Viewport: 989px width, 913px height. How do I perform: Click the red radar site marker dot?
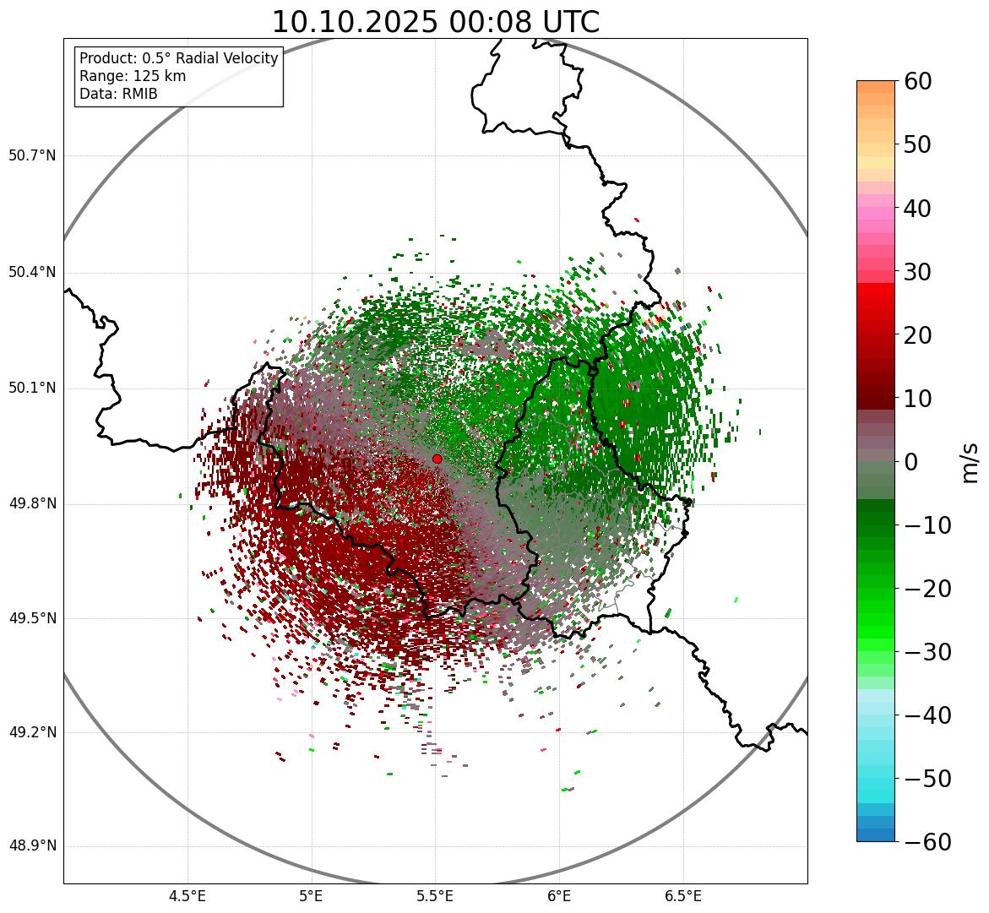[x=437, y=459]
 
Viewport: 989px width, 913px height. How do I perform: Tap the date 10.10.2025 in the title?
[x=354, y=22]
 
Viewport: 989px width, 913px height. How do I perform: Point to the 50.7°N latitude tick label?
[x=32, y=155]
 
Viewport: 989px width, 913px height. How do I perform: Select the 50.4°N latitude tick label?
[x=32, y=272]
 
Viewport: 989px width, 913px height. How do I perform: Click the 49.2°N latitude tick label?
[x=32, y=732]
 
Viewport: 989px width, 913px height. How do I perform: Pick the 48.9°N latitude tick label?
[x=32, y=846]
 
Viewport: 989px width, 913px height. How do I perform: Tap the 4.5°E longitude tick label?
[x=187, y=896]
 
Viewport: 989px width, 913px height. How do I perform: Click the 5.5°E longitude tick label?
[x=435, y=896]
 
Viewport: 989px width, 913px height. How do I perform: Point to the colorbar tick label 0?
[x=911, y=462]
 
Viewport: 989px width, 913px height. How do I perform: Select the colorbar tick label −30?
[x=927, y=652]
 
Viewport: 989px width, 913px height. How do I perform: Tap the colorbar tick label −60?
[x=927, y=842]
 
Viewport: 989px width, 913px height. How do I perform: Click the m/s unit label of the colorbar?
[x=970, y=462]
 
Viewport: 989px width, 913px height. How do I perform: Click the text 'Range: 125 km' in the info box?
[x=133, y=76]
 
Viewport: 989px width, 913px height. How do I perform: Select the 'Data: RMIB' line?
[x=118, y=94]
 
